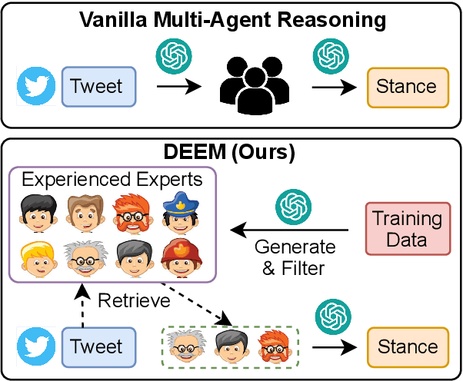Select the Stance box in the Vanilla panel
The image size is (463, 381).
(406, 86)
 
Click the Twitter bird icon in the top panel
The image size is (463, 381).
(37, 86)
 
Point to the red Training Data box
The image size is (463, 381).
(407, 228)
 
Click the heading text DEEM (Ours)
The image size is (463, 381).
(231, 152)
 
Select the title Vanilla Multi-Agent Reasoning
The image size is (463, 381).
(231, 18)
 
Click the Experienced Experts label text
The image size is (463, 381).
(112, 181)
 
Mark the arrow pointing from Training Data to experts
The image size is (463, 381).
(293, 229)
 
